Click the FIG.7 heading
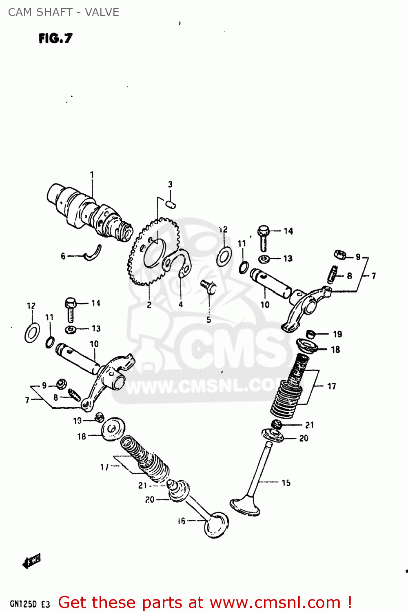55,38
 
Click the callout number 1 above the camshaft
92,175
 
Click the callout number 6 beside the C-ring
63,256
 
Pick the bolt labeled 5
209,286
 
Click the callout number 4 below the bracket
181,304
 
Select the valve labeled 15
253,481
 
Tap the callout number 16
182,521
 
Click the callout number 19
337,334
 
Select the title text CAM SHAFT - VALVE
64,12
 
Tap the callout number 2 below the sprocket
149,305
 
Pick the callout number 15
286,483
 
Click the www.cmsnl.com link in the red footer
275,603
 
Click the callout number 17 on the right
332,386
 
